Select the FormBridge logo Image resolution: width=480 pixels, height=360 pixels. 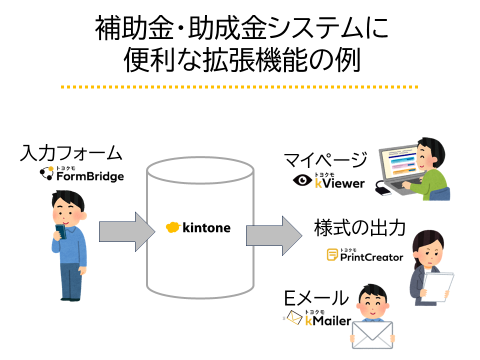[x=83, y=174]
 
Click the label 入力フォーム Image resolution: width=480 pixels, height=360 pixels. [x=71, y=152]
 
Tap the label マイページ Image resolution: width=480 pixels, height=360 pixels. [x=325, y=161]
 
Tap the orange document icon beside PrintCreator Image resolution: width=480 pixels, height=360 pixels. [x=331, y=255]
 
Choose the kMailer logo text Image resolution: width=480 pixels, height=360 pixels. [x=328, y=320]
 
